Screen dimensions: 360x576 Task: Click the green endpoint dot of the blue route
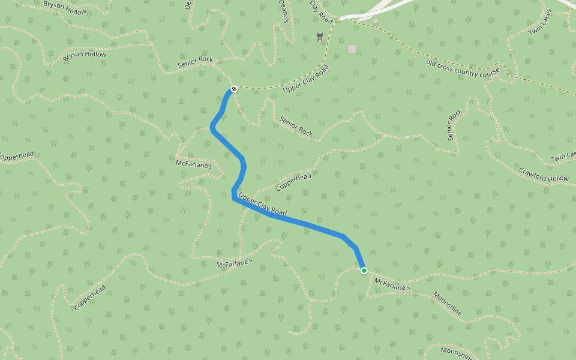[364, 271]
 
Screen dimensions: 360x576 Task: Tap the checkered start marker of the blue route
[234, 89]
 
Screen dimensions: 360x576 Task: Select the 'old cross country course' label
[463, 68]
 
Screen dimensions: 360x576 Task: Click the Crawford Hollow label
[544, 175]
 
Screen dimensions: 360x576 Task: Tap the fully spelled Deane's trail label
[284, 11]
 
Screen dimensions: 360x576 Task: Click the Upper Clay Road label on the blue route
[262, 205]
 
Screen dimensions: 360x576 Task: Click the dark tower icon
[320, 37]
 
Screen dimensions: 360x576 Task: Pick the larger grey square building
[352, 49]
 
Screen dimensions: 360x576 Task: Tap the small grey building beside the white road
[376, 21]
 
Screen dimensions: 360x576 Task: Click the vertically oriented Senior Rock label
[455, 125]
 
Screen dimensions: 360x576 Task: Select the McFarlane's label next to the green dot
[392, 284]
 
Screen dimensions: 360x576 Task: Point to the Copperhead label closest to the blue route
[293, 182]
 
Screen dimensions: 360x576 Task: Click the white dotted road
[384, 8]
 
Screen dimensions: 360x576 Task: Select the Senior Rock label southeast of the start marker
[296, 125]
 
